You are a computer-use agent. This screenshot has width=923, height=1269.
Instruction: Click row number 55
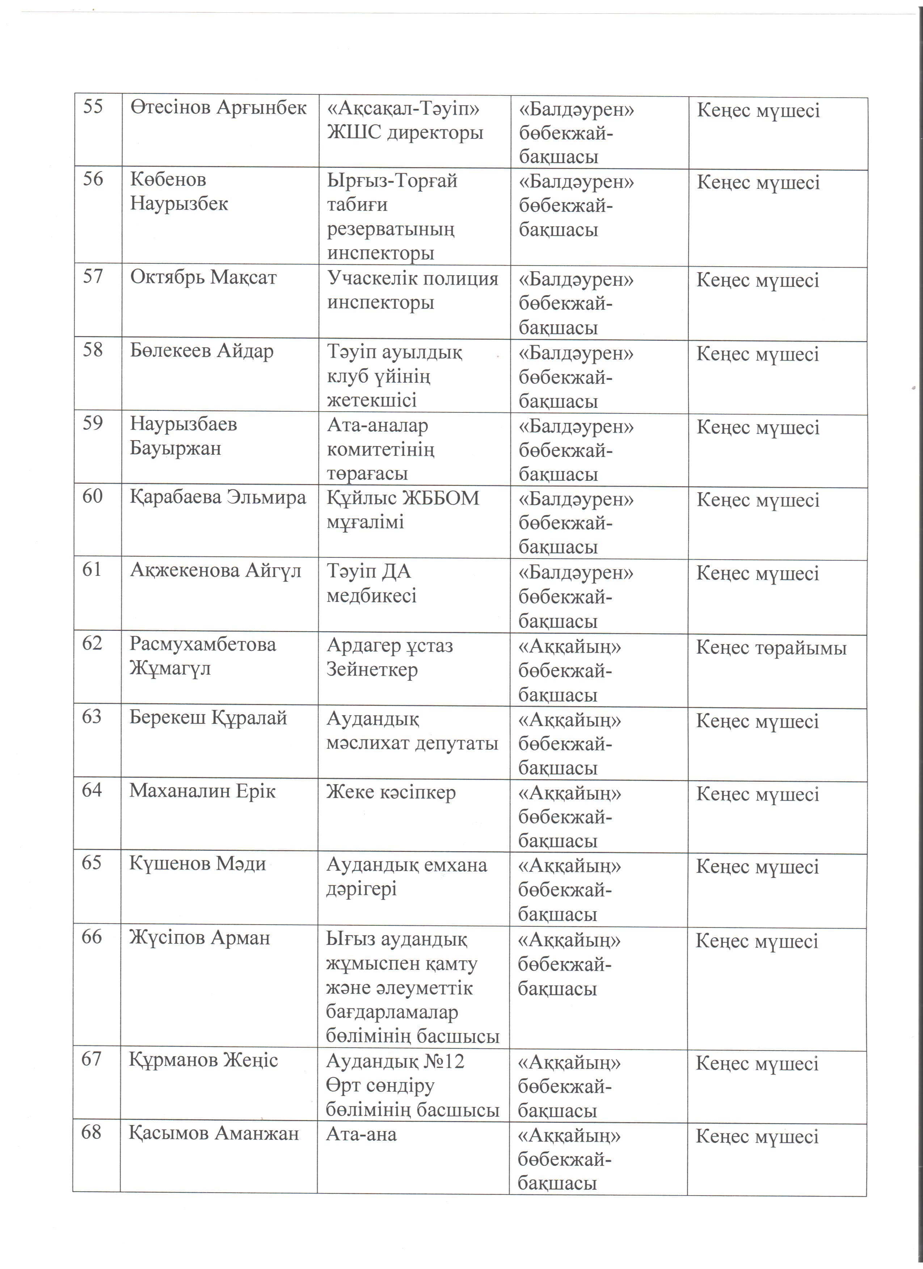click(93, 106)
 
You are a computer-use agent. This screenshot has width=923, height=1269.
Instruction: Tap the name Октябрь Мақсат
click(203, 277)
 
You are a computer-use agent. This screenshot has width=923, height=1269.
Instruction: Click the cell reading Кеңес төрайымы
click(771, 648)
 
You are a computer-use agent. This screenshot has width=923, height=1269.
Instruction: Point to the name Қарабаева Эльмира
click(218, 497)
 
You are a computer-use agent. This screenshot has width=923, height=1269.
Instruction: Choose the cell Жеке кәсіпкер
click(391, 792)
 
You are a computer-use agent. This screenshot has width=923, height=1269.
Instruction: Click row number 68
click(91, 1133)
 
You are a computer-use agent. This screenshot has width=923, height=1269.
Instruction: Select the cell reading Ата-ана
click(361, 1134)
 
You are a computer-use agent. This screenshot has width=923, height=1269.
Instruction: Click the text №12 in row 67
click(443, 1061)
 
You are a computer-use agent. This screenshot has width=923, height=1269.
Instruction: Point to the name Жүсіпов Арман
click(199, 937)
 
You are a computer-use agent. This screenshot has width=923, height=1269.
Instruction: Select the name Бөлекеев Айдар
click(202, 351)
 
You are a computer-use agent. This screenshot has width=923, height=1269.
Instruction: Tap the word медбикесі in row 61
click(371, 595)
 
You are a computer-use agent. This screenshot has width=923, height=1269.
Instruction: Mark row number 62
click(92, 644)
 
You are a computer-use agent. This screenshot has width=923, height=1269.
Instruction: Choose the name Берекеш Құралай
click(208, 718)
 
